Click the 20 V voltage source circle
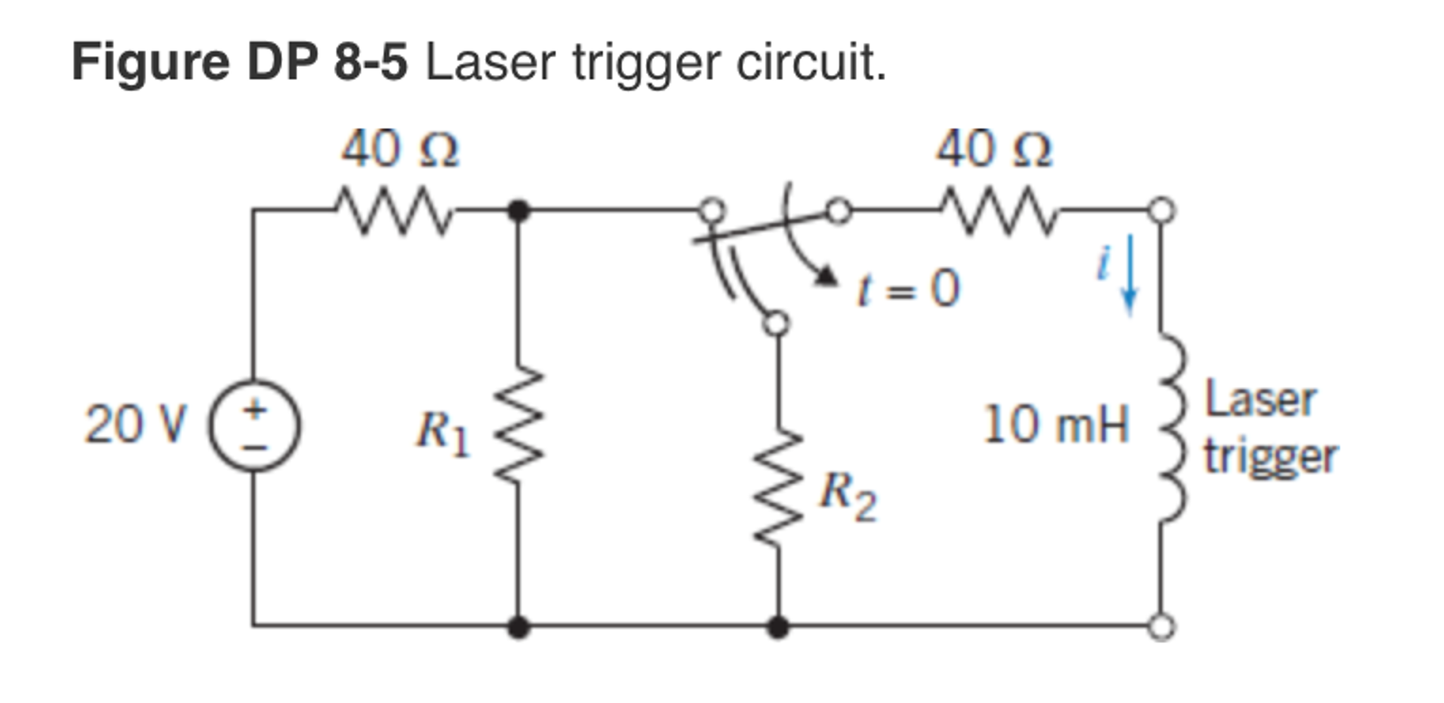coord(254,426)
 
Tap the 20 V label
coord(135,425)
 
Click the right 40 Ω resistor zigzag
coord(999,210)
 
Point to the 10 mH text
coord(1055,425)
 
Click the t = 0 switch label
coord(908,289)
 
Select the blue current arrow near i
coord(1129,275)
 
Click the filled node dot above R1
coord(519,210)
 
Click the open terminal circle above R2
coord(776,323)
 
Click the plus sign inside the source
coord(255,409)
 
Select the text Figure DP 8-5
coord(240,62)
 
